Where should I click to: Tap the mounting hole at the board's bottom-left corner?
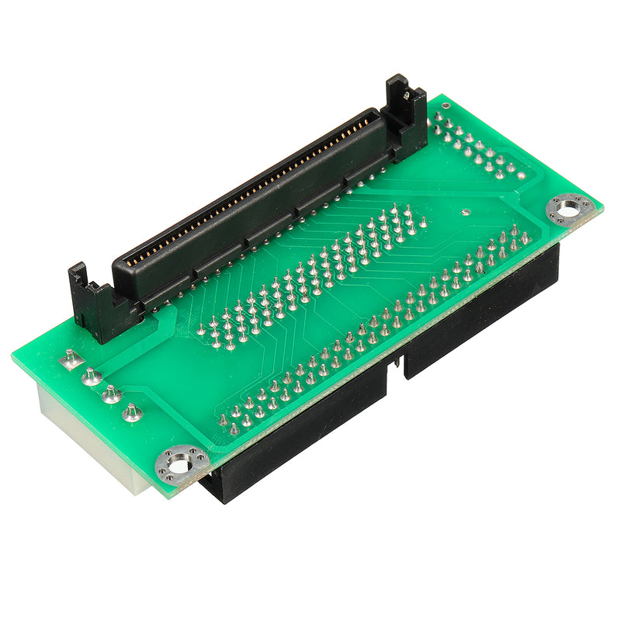181,465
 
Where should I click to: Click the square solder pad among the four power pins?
71,357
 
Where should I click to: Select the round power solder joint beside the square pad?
92,376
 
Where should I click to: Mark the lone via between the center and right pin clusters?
464,211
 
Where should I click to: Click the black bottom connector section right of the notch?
481,310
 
